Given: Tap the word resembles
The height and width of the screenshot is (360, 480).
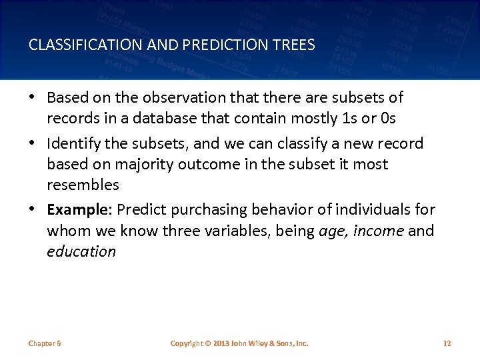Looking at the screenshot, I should pos(83,185).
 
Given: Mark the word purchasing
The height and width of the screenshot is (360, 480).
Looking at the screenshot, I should pos(202,209).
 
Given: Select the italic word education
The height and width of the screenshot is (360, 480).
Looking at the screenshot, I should pos(81,251).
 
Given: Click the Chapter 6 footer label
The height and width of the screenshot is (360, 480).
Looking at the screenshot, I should pos(45,343).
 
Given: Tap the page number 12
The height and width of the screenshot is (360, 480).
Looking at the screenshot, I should pos(447,343).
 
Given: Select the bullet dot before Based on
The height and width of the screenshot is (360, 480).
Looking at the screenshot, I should pos(33,97).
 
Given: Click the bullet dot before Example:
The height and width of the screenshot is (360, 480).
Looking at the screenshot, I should pos(33,209).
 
